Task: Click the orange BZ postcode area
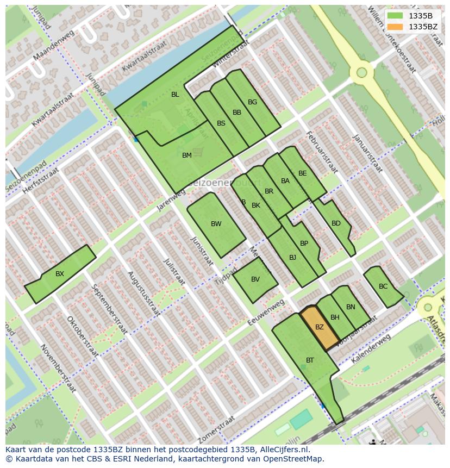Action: click(320, 328)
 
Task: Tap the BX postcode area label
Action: click(60, 274)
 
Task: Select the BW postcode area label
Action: click(216, 224)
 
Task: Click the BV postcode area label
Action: click(255, 280)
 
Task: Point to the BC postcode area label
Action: click(383, 286)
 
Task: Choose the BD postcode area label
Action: click(336, 223)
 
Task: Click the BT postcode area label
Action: click(310, 360)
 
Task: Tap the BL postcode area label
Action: click(175, 95)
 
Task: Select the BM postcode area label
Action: click(187, 155)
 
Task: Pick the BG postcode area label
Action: click(252, 102)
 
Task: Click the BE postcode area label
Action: click(302, 174)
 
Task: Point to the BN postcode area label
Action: click(351, 307)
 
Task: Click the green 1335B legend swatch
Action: click(395, 16)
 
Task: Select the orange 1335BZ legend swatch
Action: click(395, 27)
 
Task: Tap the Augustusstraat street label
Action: click(143, 294)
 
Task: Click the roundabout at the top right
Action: click(361, 72)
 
